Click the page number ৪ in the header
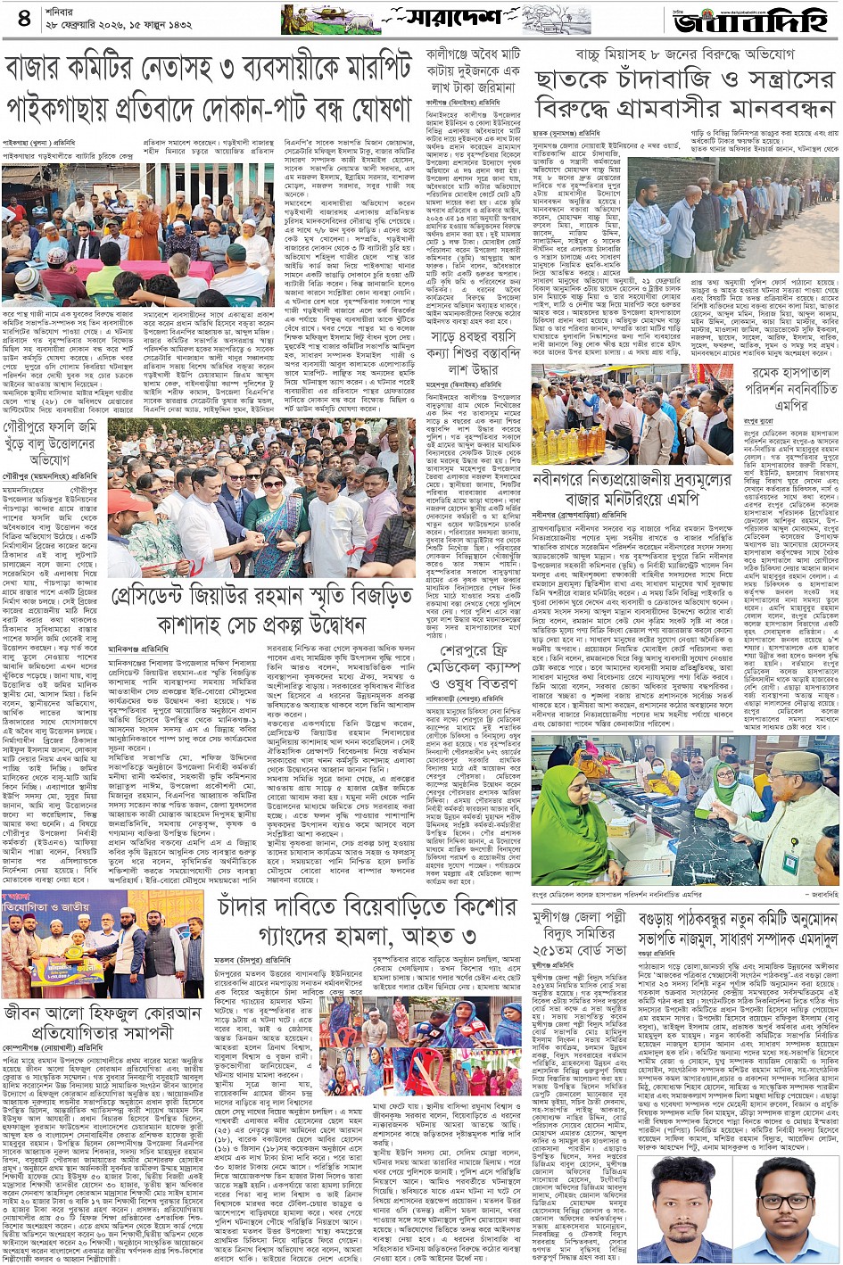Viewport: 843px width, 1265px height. coord(22,18)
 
